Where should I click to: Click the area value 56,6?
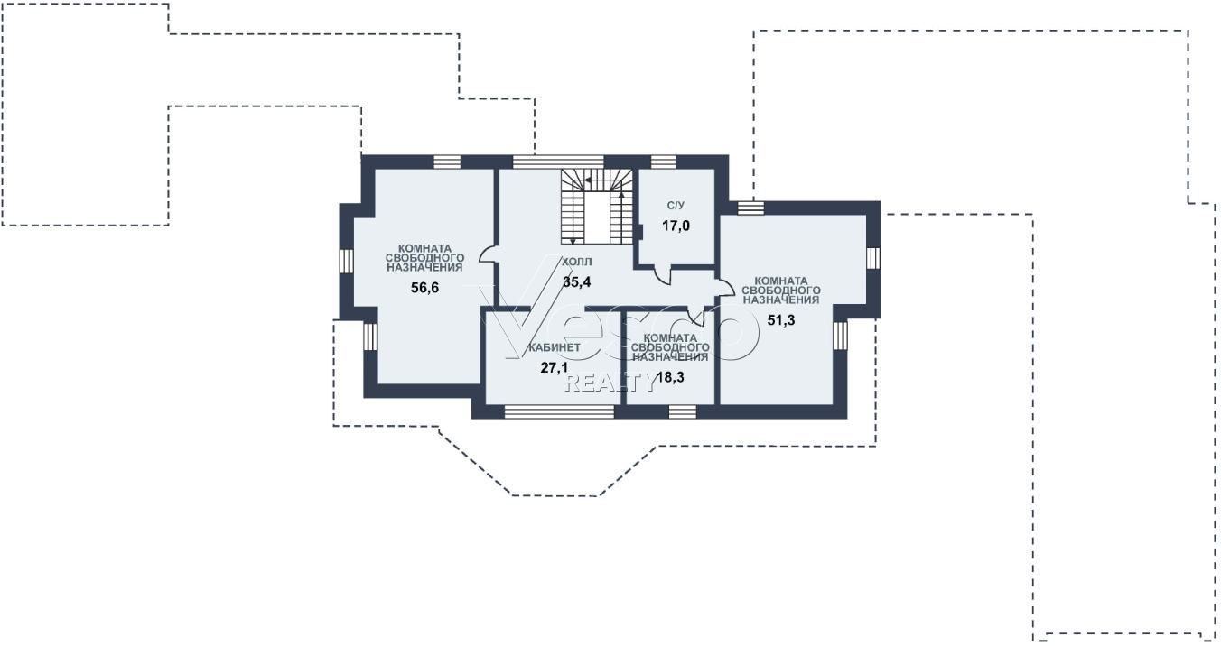424,288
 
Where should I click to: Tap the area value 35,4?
577,282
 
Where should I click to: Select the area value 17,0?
676,226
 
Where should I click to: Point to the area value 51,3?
781,320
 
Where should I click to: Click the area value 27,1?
555,368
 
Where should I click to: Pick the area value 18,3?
670,377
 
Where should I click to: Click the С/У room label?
676,206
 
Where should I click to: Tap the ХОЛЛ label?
577,263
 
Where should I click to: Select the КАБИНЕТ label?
555,347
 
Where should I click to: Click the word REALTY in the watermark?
610,383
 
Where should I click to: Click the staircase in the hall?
597,207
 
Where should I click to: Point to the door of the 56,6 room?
488,255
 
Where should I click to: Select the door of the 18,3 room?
696,315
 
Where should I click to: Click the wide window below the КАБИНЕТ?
559,411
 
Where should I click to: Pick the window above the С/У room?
664,161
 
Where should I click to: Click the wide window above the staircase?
559,161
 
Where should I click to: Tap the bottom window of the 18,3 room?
683,411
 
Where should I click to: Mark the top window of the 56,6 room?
448,161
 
